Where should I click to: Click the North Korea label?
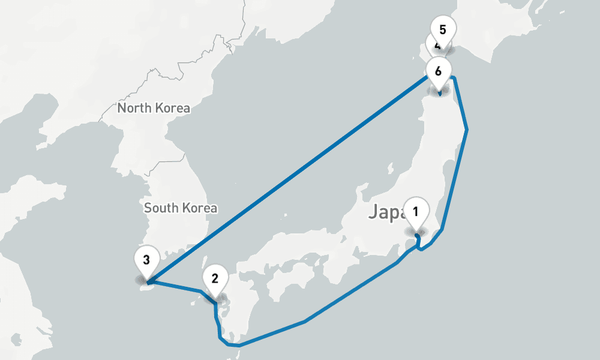154,109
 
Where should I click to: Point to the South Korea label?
181,208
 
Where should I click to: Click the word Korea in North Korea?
172,109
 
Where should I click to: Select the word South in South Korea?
161,208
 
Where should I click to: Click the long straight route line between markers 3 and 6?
288,180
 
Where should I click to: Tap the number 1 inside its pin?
416,211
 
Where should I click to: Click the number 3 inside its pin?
146,260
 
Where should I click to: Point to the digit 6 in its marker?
438,71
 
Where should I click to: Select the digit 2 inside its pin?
215,278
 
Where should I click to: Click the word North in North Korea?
135,109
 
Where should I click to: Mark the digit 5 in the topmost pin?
443,29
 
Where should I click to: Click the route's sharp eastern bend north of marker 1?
466,129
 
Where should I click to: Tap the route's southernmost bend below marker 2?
239,346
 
